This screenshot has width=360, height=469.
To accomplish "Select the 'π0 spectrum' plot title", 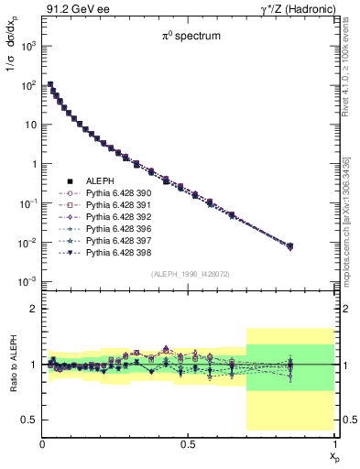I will tap(190, 38).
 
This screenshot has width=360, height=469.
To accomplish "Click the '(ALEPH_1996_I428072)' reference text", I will tap(190, 274).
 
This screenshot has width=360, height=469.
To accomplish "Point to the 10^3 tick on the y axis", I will tap(27, 45).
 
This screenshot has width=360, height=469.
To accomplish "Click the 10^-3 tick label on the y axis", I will tap(27, 281).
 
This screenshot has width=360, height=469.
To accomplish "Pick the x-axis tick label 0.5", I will tap(189, 444).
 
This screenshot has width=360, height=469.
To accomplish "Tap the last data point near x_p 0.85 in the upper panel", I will tap(290, 245).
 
